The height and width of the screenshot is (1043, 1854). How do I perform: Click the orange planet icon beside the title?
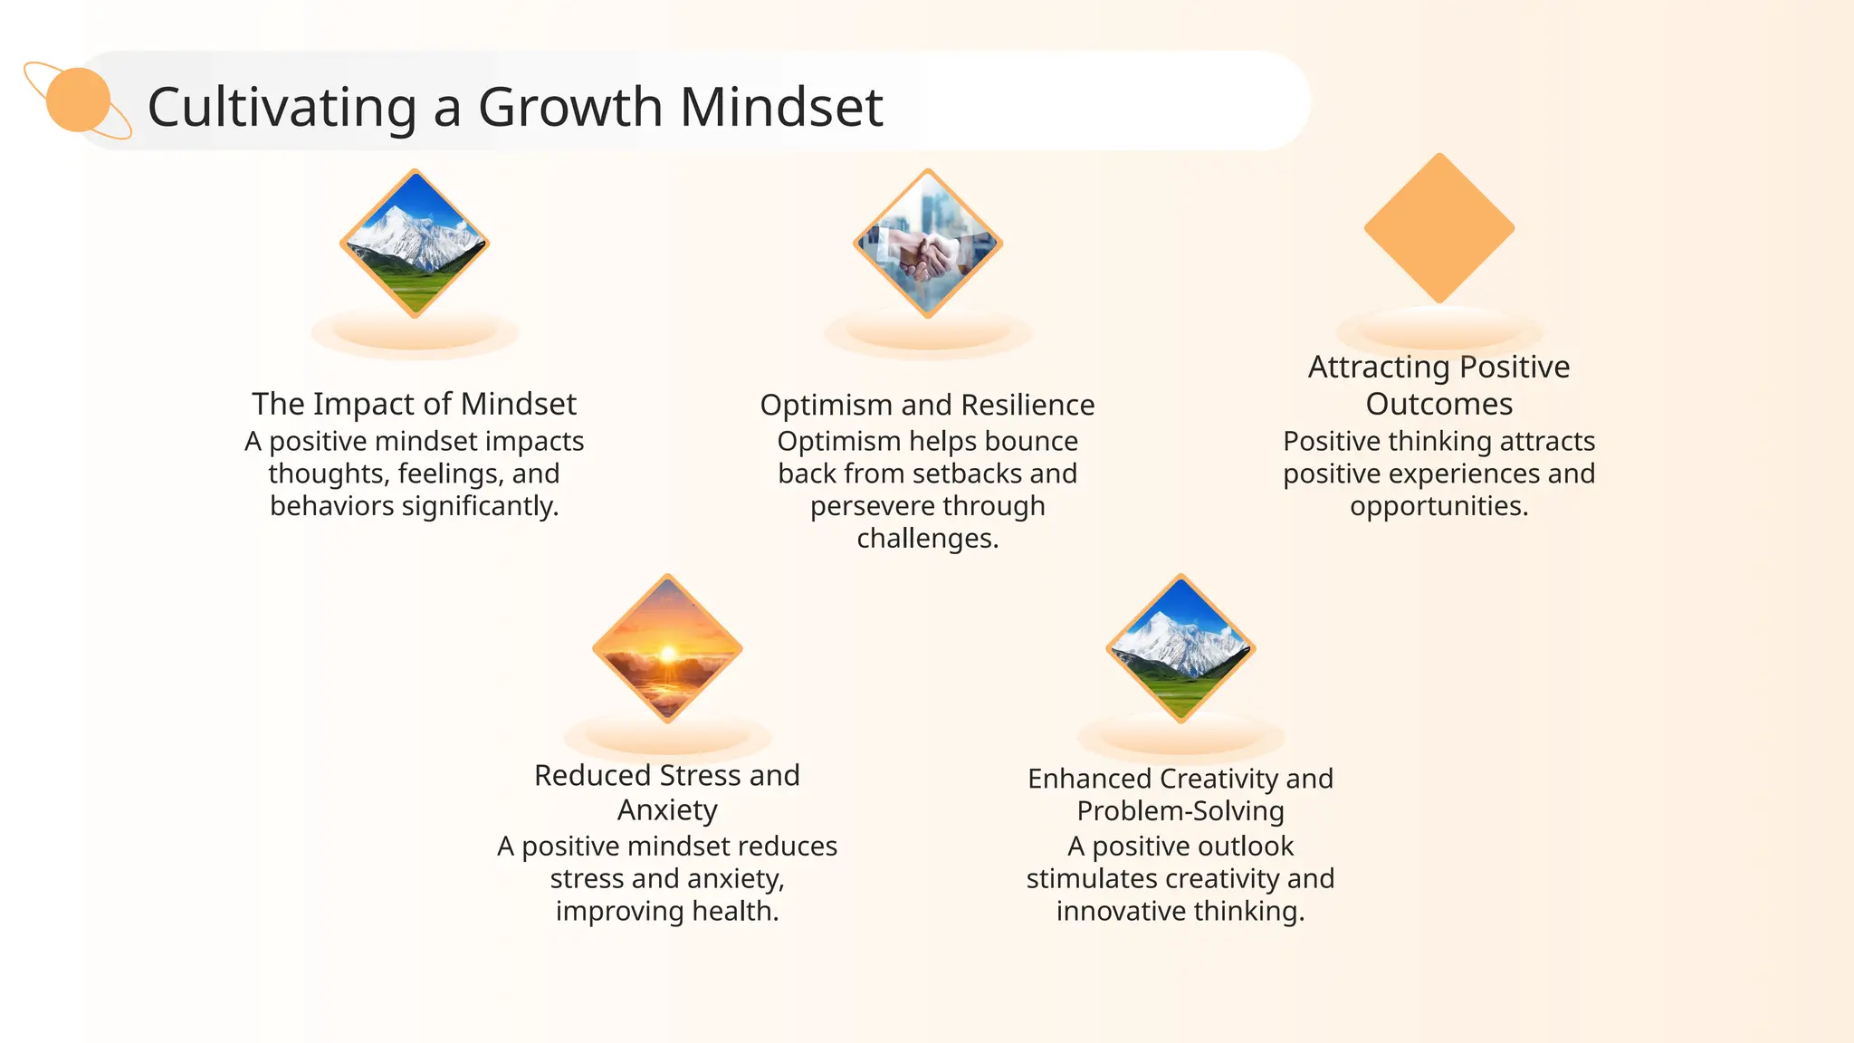tap(78, 100)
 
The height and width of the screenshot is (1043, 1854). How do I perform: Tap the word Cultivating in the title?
tap(282, 107)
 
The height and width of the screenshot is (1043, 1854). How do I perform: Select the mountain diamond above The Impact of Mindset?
tap(415, 243)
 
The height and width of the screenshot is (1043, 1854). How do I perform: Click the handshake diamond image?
tap(928, 243)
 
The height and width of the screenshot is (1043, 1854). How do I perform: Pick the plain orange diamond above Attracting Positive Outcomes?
tap(1438, 228)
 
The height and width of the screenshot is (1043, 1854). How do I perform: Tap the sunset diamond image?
tap(667, 648)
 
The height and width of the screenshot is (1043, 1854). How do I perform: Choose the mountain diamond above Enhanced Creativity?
tap(1180, 648)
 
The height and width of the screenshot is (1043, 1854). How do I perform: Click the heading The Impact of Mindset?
tap(414, 404)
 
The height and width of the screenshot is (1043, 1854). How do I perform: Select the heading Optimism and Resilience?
tap(927, 405)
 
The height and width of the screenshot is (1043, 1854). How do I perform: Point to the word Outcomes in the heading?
tap(1438, 404)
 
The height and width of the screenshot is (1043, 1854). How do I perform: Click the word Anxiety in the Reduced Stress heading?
tap(667, 809)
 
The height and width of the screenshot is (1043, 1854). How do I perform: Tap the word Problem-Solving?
tap(1180, 811)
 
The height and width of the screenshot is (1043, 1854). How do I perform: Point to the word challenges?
tap(927, 539)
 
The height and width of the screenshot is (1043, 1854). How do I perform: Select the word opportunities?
tap(1438, 506)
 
